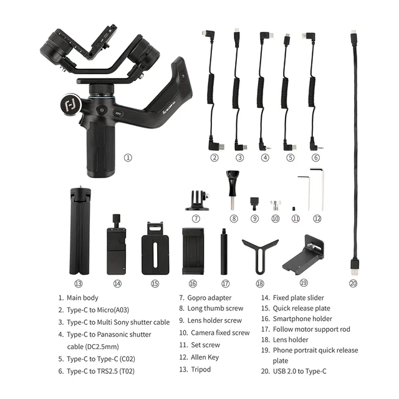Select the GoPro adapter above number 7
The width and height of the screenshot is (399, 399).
pyautogui.click(x=196, y=200)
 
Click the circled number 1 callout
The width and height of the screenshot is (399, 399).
pyautogui.click(x=128, y=158)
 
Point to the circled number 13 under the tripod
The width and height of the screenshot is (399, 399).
pyautogui.click(x=79, y=283)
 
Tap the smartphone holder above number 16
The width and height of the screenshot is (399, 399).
pyautogui.click(x=193, y=250)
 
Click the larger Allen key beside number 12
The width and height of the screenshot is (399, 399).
pyautogui.click(x=317, y=189)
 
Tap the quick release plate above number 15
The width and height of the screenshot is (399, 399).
pyautogui.click(x=155, y=248)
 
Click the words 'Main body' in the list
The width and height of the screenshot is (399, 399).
pyautogui.click(x=83, y=298)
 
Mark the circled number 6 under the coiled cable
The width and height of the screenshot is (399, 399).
pyautogui.click(x=315, y=158)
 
